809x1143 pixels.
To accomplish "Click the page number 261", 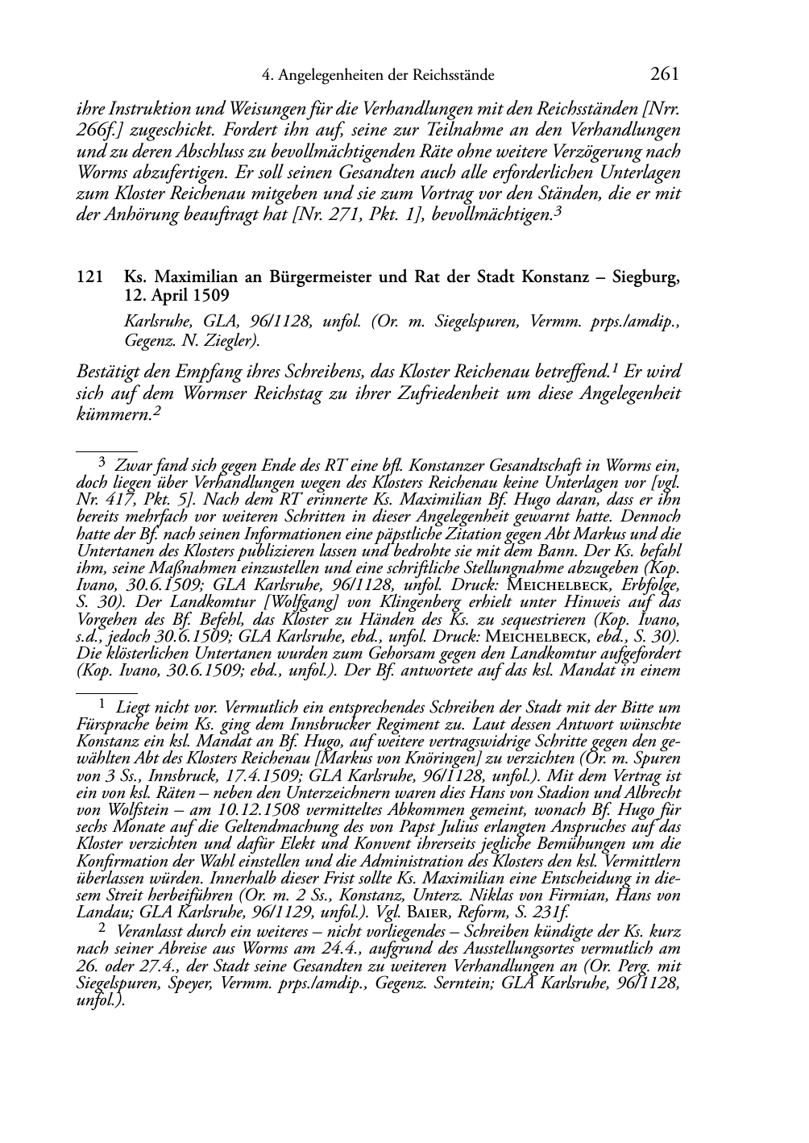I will (x=665, y=75).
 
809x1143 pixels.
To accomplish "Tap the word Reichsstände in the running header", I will (x=455, y=76).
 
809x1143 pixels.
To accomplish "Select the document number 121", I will (x=88, y=277).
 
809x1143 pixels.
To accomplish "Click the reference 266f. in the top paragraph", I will (x=97, y=130).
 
